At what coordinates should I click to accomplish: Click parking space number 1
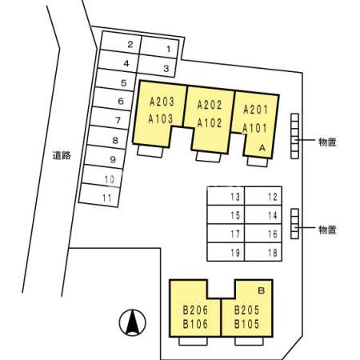pyautogui.click(x=158, y=47)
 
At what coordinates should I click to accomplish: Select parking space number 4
pyautogui.click(x=118, y=61)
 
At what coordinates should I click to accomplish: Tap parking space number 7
pyautogui.click(x=110, y=118)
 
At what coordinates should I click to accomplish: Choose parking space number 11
pyautogui.click(x=99, y=195)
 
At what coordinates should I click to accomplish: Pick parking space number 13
pyautogui.click(x=226, y=196)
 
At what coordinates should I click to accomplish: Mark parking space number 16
pyautogui.click(x=263, y=234)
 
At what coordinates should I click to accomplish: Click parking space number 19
pyautogui.click(x=226, y=252)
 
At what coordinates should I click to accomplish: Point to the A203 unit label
pyautogui.click(x=162, y=102)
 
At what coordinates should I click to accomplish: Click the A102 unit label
pyautogui.click(x=210, y=123)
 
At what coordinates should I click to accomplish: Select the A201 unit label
pyautogui.click(x=255, y=110)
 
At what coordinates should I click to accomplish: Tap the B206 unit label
pyautogui.click(x=195, y=310)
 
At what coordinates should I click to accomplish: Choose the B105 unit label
pyautogui.click(x=246, y=324)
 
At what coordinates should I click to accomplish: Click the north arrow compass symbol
pyautogui.click(x=133, y=322)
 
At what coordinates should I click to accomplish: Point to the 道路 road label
pyautogui.click(x=62, y=155)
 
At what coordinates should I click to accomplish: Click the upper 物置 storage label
pyautogui.click(x=327, y=142)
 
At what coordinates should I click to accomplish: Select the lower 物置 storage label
pyautogui.click(x=327, y=230)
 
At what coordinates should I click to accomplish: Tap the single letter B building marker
pyautogui.click(x=262, y=290)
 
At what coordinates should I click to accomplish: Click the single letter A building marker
pyautogui.click(x=262, y=147)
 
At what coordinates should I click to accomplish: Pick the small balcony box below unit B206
pyautogui.click(x=193, y=341)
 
